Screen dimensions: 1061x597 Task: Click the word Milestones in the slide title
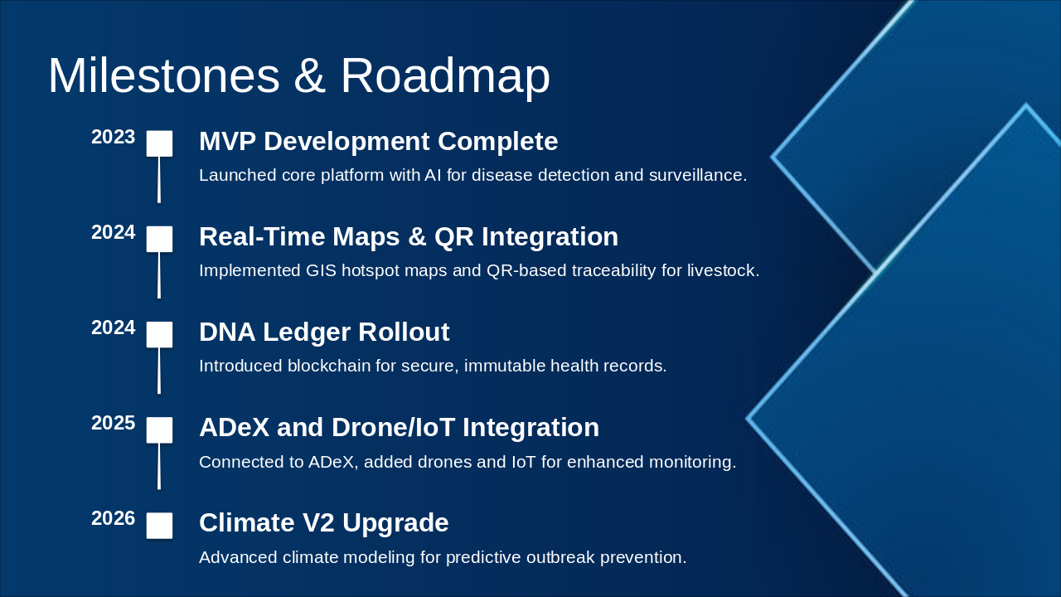tap(164, 75)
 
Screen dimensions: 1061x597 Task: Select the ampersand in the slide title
tap(310, 75)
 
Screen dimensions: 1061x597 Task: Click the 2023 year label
tap(114, 137)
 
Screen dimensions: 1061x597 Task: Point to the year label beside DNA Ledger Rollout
tap(114, 328)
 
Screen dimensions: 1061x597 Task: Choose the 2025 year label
tap(114, 423)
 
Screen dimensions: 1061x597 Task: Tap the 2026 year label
tap(114, 518)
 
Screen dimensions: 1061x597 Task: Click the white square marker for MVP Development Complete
tap(159, 143)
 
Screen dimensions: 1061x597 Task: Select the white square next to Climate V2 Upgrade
tap(159, 526)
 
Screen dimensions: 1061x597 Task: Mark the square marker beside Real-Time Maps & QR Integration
tap(159, 239)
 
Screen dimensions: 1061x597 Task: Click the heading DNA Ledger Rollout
tap(324, 332)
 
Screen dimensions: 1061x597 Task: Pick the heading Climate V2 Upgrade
tap(323, 523)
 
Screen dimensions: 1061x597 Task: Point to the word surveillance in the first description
tap(698, 175)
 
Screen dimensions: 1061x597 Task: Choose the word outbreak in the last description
tap(560, 558)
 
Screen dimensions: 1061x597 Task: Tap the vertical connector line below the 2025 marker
tap(159, 466)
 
